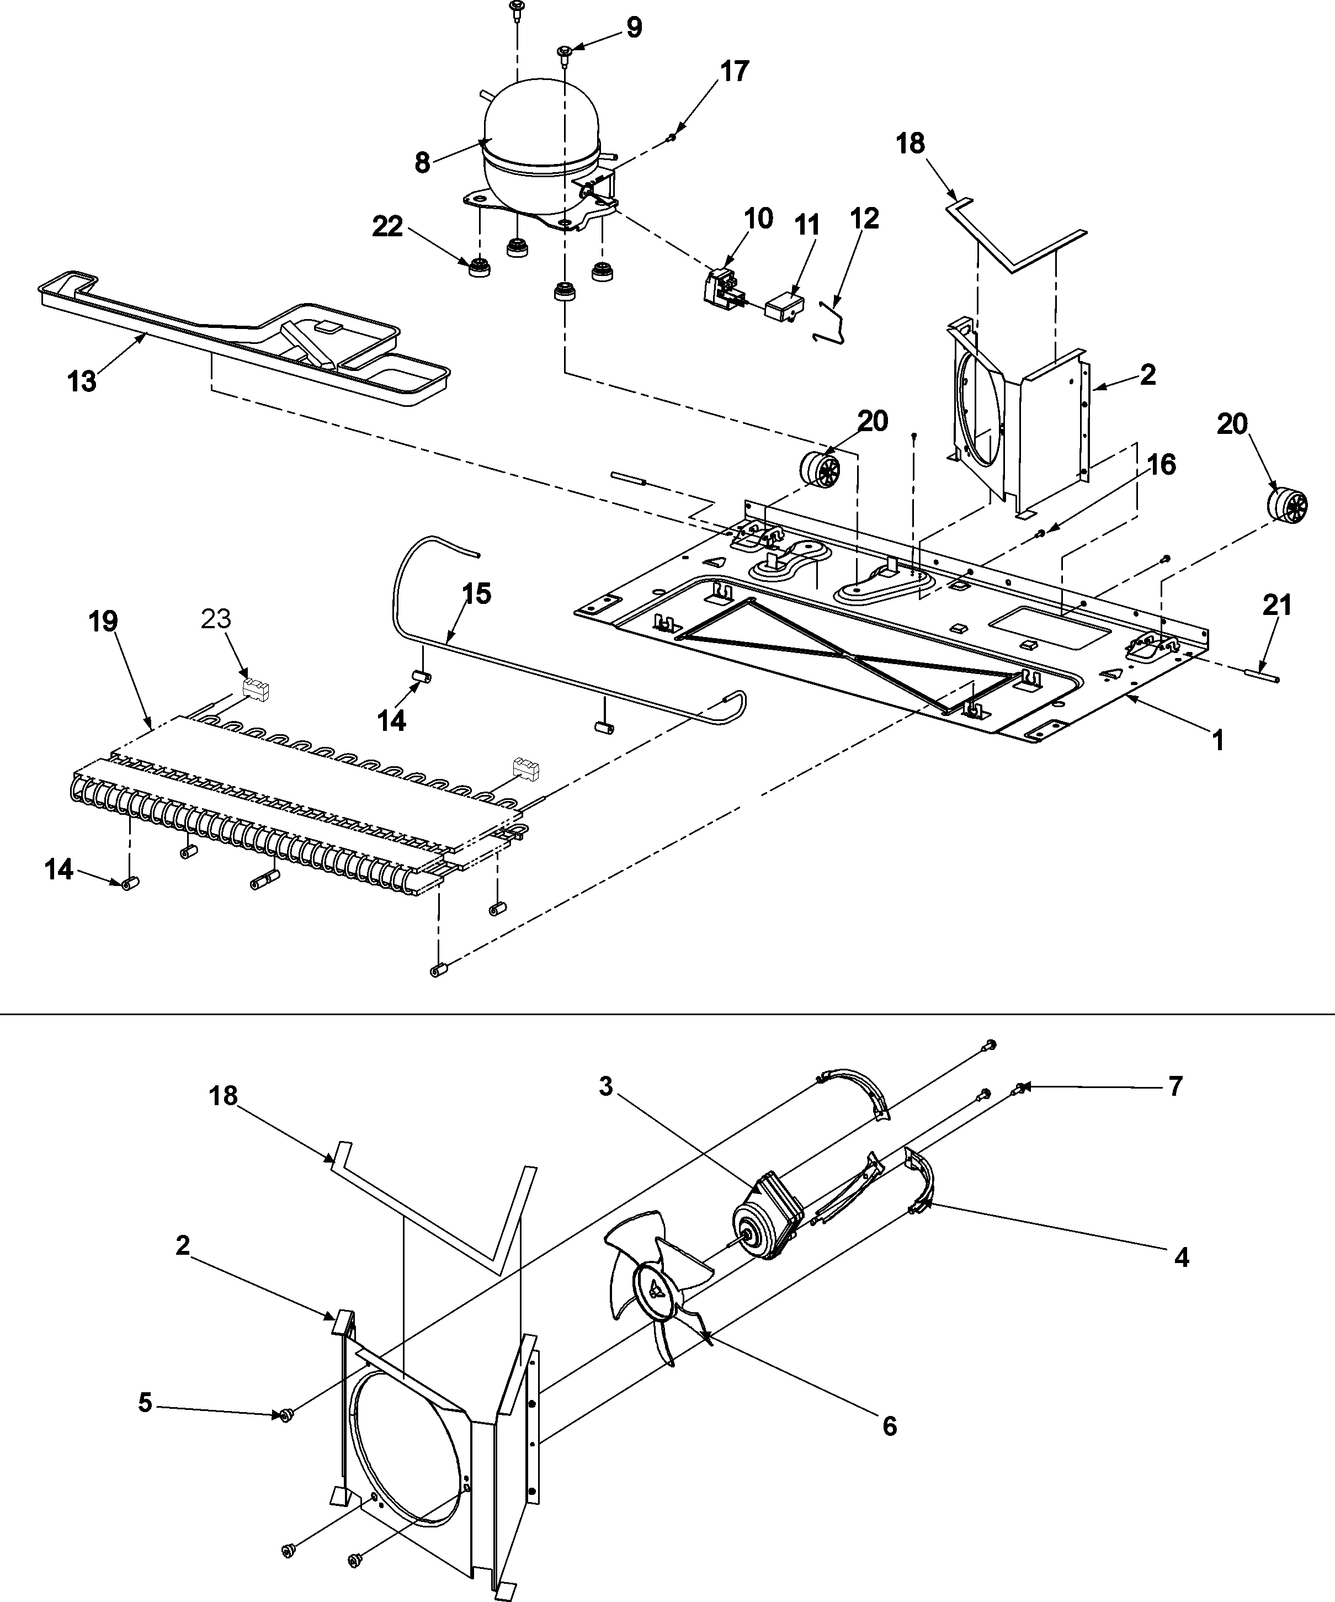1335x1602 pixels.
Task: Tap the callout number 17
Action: pyautogui.click(x=734, y=71)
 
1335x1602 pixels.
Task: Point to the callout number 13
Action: pyautogui.click(x=82, y=381)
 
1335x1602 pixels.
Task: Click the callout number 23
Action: pyautogui.click(x=216, y=619)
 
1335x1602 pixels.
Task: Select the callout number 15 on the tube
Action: pyautogui.click(x=477, y=593)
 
